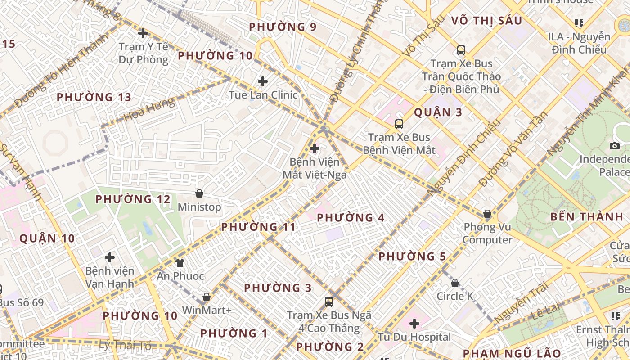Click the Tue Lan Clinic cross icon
pos(263,81)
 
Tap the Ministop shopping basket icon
pos(199,193)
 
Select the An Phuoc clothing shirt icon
pos(180,262)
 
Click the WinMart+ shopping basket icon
pos(207,297)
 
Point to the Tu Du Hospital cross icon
pos(414,323)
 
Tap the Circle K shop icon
pos(455,283)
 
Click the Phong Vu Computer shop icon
pos(487,214)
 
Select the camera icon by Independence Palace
pos(615,146)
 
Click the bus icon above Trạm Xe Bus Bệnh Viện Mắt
pos(399,124)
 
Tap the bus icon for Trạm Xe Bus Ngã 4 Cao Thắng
pos(329,302)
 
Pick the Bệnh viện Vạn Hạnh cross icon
pos(110,257)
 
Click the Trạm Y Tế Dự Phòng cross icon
pos(143,33)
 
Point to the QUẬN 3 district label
pos(438,112)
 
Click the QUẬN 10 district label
pos(47,238)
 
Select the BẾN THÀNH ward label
pos(587,217)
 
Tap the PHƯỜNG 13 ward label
pos(94,97)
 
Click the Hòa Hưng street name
pos(149,110)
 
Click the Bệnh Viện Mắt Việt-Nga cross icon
pos(315,148)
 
